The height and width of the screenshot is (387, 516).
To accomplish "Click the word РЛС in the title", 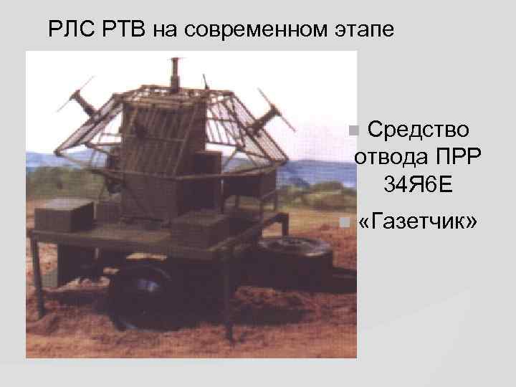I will [x=70, y=30].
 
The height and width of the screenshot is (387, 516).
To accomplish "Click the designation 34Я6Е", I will [x=418, y=185].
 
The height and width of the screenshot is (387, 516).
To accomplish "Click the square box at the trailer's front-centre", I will [x=200, y=228].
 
